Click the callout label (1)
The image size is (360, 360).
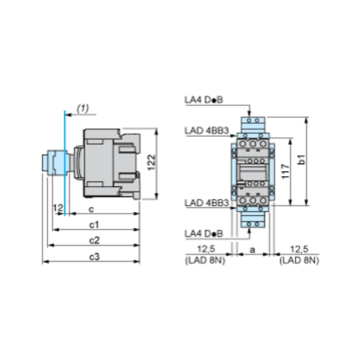[x=82, y=106]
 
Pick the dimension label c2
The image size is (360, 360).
[x=94, y=239]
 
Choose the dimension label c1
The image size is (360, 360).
[x=94, y=224]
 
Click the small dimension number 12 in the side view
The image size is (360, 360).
[x=55, y=208]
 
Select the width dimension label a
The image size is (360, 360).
[x=254, y=250]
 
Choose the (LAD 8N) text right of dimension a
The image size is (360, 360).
[x=299, y=260]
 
